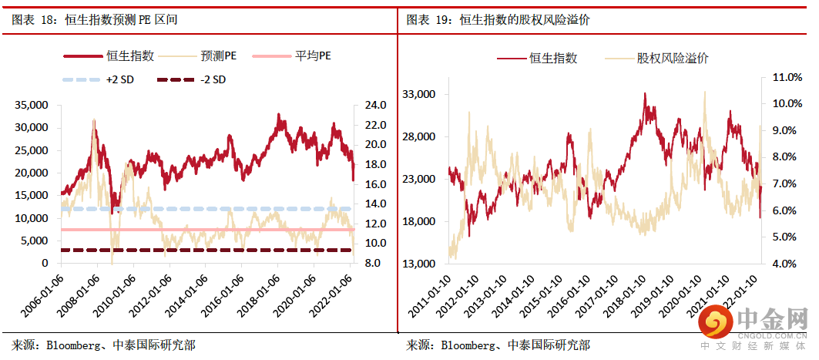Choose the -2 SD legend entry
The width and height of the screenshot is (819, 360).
212,79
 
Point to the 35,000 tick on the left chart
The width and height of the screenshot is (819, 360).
31,105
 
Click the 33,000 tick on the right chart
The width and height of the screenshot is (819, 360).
420,95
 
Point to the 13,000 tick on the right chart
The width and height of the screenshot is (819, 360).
420,264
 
